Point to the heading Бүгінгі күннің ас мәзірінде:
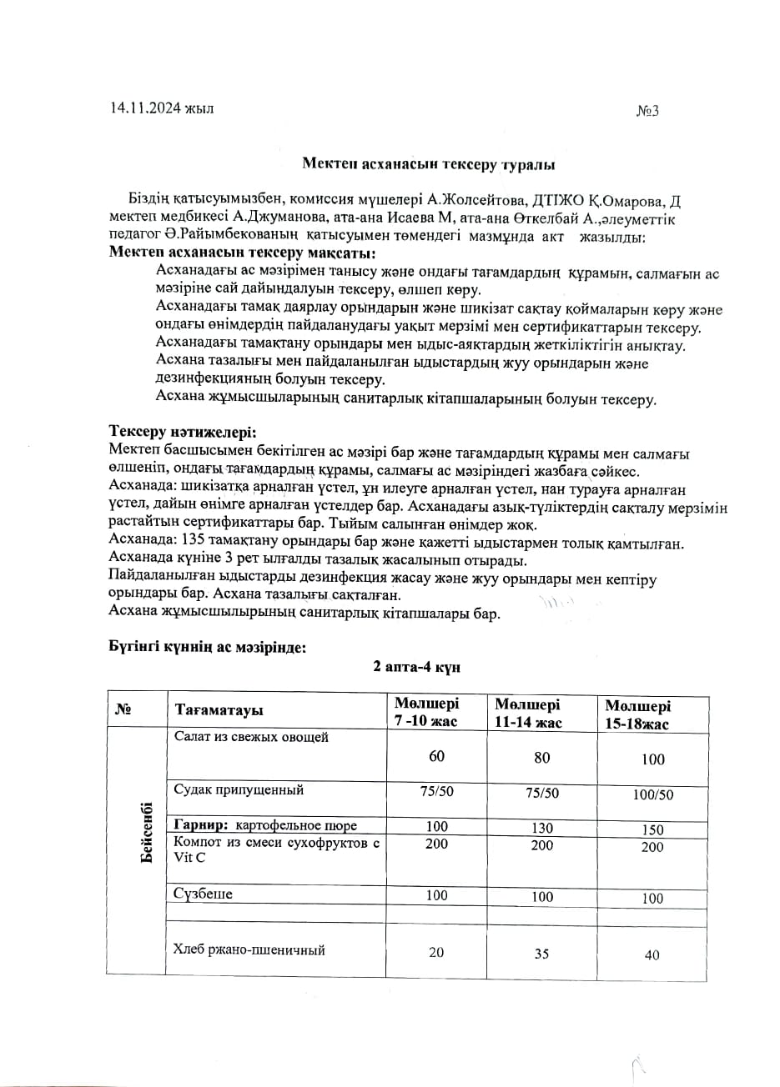coord(208,646)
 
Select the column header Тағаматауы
coord(219,710)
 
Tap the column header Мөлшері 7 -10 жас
coord(427,712)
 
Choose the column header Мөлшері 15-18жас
coord(637,715)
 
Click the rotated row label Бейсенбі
coord(147,832)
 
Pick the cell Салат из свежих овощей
coord(251,737)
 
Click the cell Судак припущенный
coord(239,789)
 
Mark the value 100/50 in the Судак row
coord(653,794)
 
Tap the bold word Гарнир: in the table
coord(201,825)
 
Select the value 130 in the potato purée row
coord(542,828)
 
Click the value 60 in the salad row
coord(436,756)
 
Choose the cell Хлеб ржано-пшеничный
coord(249,949)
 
